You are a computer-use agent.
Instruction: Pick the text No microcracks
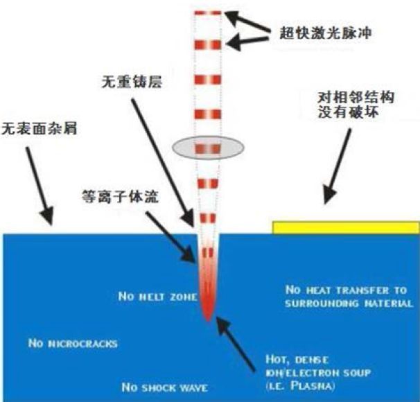point(72,342)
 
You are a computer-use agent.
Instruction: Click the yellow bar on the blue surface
point(345,227)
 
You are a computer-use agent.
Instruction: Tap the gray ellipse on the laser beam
point(208,148)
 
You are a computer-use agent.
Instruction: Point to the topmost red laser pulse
point(208,13)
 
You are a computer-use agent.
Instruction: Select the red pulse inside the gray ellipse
point(208,148)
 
